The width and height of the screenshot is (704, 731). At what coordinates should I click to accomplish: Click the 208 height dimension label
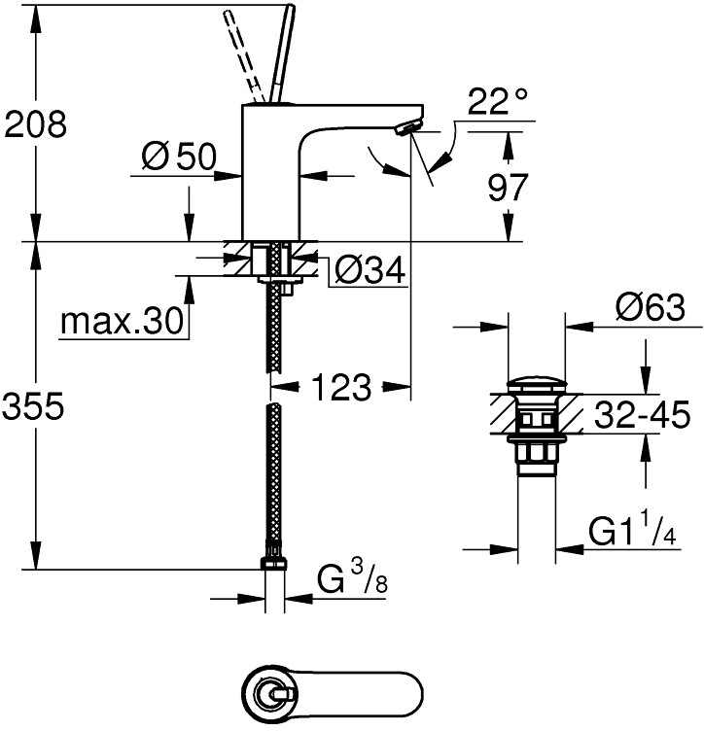[x=36, y=123]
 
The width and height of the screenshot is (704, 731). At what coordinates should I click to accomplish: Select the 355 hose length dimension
[x=36, y=407]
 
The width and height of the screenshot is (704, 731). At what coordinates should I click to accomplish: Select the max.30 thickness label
[x=121, y=321]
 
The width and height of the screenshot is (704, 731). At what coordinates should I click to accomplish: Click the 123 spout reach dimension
[x=341, y=388]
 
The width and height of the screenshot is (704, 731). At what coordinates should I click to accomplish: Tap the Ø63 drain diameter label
[x=651, y=309]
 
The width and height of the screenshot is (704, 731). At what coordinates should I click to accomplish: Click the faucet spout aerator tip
[x=412, y=125]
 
